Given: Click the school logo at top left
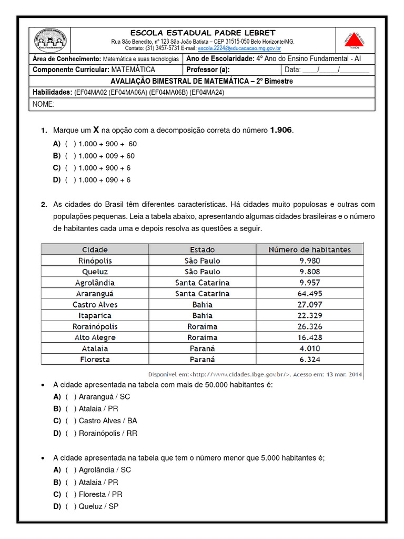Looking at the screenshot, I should tap(50, 40).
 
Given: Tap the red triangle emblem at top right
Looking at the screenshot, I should tap(358, 40).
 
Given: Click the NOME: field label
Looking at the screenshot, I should tap(44, 104).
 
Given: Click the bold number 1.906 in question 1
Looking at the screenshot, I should tap(281, 130).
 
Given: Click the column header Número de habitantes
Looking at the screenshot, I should tap(309, 249).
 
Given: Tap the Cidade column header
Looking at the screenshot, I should tap(95, 249).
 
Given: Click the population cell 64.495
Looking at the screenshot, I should tap(309, 294).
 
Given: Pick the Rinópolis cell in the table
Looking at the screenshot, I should tap(95, 261).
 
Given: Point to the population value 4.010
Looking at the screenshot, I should tap(309, 348).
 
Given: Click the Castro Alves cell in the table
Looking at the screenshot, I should tap(95, 305).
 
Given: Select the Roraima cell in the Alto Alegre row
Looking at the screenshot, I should tap(202, 337).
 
